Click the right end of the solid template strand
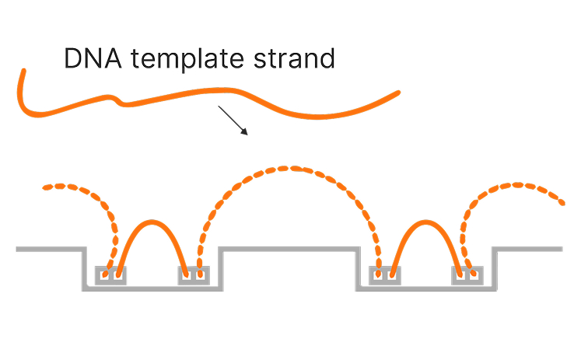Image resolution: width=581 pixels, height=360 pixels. [397, 93]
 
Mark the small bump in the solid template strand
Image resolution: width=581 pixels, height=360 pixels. [117, 99]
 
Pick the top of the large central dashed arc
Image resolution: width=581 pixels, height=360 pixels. [288, 168]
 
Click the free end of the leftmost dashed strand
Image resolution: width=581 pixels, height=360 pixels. [46, 187]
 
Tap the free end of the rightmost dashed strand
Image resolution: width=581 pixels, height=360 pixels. [561, 203]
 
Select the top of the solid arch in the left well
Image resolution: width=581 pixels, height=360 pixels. [152, 223]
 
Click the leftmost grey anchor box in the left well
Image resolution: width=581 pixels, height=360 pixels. [110, 275]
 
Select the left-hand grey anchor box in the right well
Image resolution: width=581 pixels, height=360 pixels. [385, 275]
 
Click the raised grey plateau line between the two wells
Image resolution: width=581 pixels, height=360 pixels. [288, 249]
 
